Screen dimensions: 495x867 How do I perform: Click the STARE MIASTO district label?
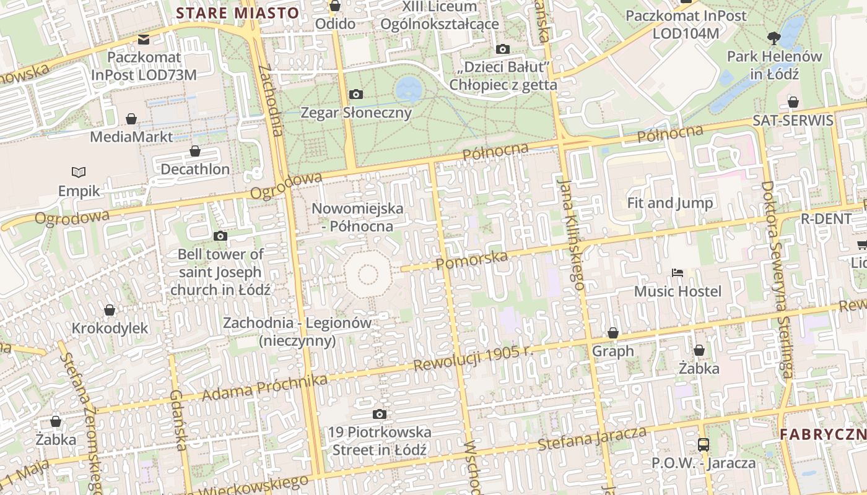coord(238,13)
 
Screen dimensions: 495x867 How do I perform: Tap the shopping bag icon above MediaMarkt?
coord(131,118)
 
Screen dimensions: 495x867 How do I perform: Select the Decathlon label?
coord(194,169)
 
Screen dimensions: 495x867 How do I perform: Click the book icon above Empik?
coord(79,172)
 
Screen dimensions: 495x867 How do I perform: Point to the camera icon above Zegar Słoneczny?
coord(356,95)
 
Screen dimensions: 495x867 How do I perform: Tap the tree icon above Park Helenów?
coord(773,38)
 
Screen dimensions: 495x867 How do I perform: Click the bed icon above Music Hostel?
coord(677,273)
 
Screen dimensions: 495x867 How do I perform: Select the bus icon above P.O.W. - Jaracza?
coord(703,444)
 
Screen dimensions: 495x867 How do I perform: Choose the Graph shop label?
coord(613,351)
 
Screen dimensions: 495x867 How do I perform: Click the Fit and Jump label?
coord(669,203)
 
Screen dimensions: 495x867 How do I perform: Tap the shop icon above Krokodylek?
coord(110,309)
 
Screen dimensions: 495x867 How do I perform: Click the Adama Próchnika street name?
coord(264,387)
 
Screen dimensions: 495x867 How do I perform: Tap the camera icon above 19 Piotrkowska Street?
coord(380,414)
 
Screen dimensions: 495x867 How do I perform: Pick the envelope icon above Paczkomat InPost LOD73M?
coord(144,40)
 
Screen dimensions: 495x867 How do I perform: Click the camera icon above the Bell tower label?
coord(220,236)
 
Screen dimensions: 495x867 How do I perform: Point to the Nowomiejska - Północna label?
coord(357,217)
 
